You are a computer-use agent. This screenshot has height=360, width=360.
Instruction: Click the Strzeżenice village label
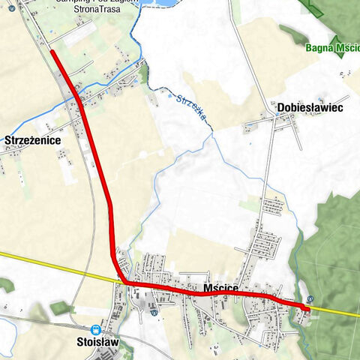coord(32,140)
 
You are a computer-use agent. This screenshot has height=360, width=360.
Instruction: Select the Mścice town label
coord(220,287)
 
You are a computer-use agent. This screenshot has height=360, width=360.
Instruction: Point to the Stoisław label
coord(97,343)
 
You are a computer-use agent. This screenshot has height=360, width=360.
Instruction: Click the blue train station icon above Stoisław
coord(95,330)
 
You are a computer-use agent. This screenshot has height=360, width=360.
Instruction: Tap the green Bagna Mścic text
coord(333,48)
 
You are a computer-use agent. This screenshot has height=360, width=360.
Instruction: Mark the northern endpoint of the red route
coord(52,51)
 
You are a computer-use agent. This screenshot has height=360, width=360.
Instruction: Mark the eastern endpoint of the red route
coord(308,307)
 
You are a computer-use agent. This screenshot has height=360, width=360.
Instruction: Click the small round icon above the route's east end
coord(310,298)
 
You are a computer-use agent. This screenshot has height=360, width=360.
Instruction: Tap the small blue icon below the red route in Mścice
coord(153,313)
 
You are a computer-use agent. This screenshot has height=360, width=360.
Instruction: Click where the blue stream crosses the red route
coord(77,98)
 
